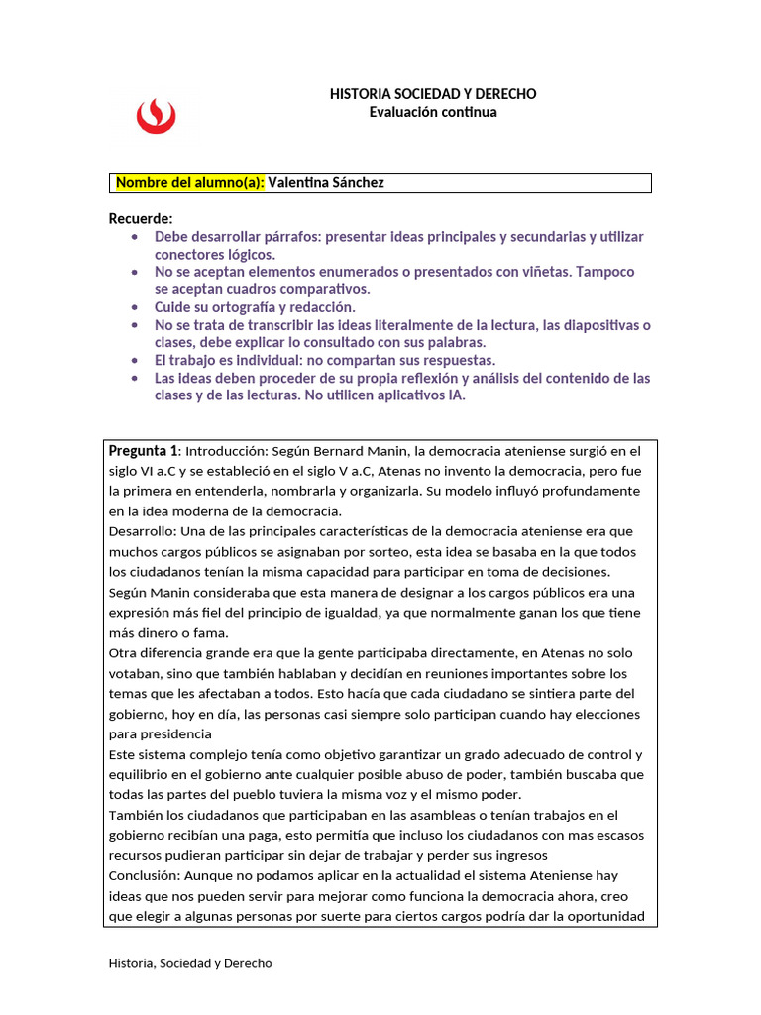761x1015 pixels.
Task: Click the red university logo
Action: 156,114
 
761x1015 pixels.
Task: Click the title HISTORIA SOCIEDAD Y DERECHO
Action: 433,93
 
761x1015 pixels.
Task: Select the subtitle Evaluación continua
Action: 433,112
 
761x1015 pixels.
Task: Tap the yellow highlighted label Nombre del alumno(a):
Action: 189,183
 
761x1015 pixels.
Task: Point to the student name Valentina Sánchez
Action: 326,183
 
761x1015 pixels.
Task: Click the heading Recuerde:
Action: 141,218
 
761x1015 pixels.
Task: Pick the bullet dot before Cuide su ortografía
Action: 135,307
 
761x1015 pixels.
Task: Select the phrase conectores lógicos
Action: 214,254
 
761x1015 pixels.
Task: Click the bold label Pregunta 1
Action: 144,450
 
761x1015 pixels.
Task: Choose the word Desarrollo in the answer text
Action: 141,531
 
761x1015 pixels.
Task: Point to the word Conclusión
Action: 143,876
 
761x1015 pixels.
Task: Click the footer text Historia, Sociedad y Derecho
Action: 190,962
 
